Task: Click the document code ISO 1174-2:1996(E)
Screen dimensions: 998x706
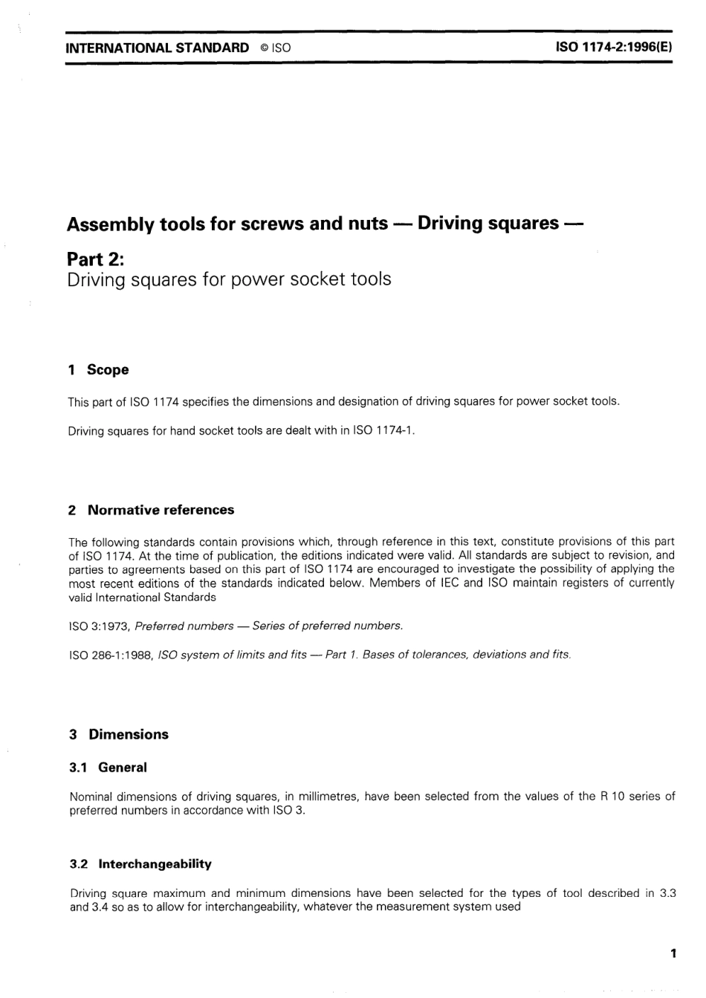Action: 613,48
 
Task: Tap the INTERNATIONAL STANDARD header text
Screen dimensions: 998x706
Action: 158,48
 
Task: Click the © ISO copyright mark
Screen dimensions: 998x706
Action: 275,48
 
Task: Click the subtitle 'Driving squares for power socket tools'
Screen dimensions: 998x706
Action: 229,279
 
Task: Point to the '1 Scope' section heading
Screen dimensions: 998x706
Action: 98,369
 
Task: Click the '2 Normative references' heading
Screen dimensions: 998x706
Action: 151,510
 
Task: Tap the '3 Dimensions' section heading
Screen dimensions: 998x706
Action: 119,734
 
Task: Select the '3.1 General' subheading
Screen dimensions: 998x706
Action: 109,768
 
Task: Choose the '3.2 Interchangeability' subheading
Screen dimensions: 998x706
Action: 140,863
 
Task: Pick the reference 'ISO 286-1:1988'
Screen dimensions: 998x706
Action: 109,655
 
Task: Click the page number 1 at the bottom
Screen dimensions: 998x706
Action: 673,953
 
